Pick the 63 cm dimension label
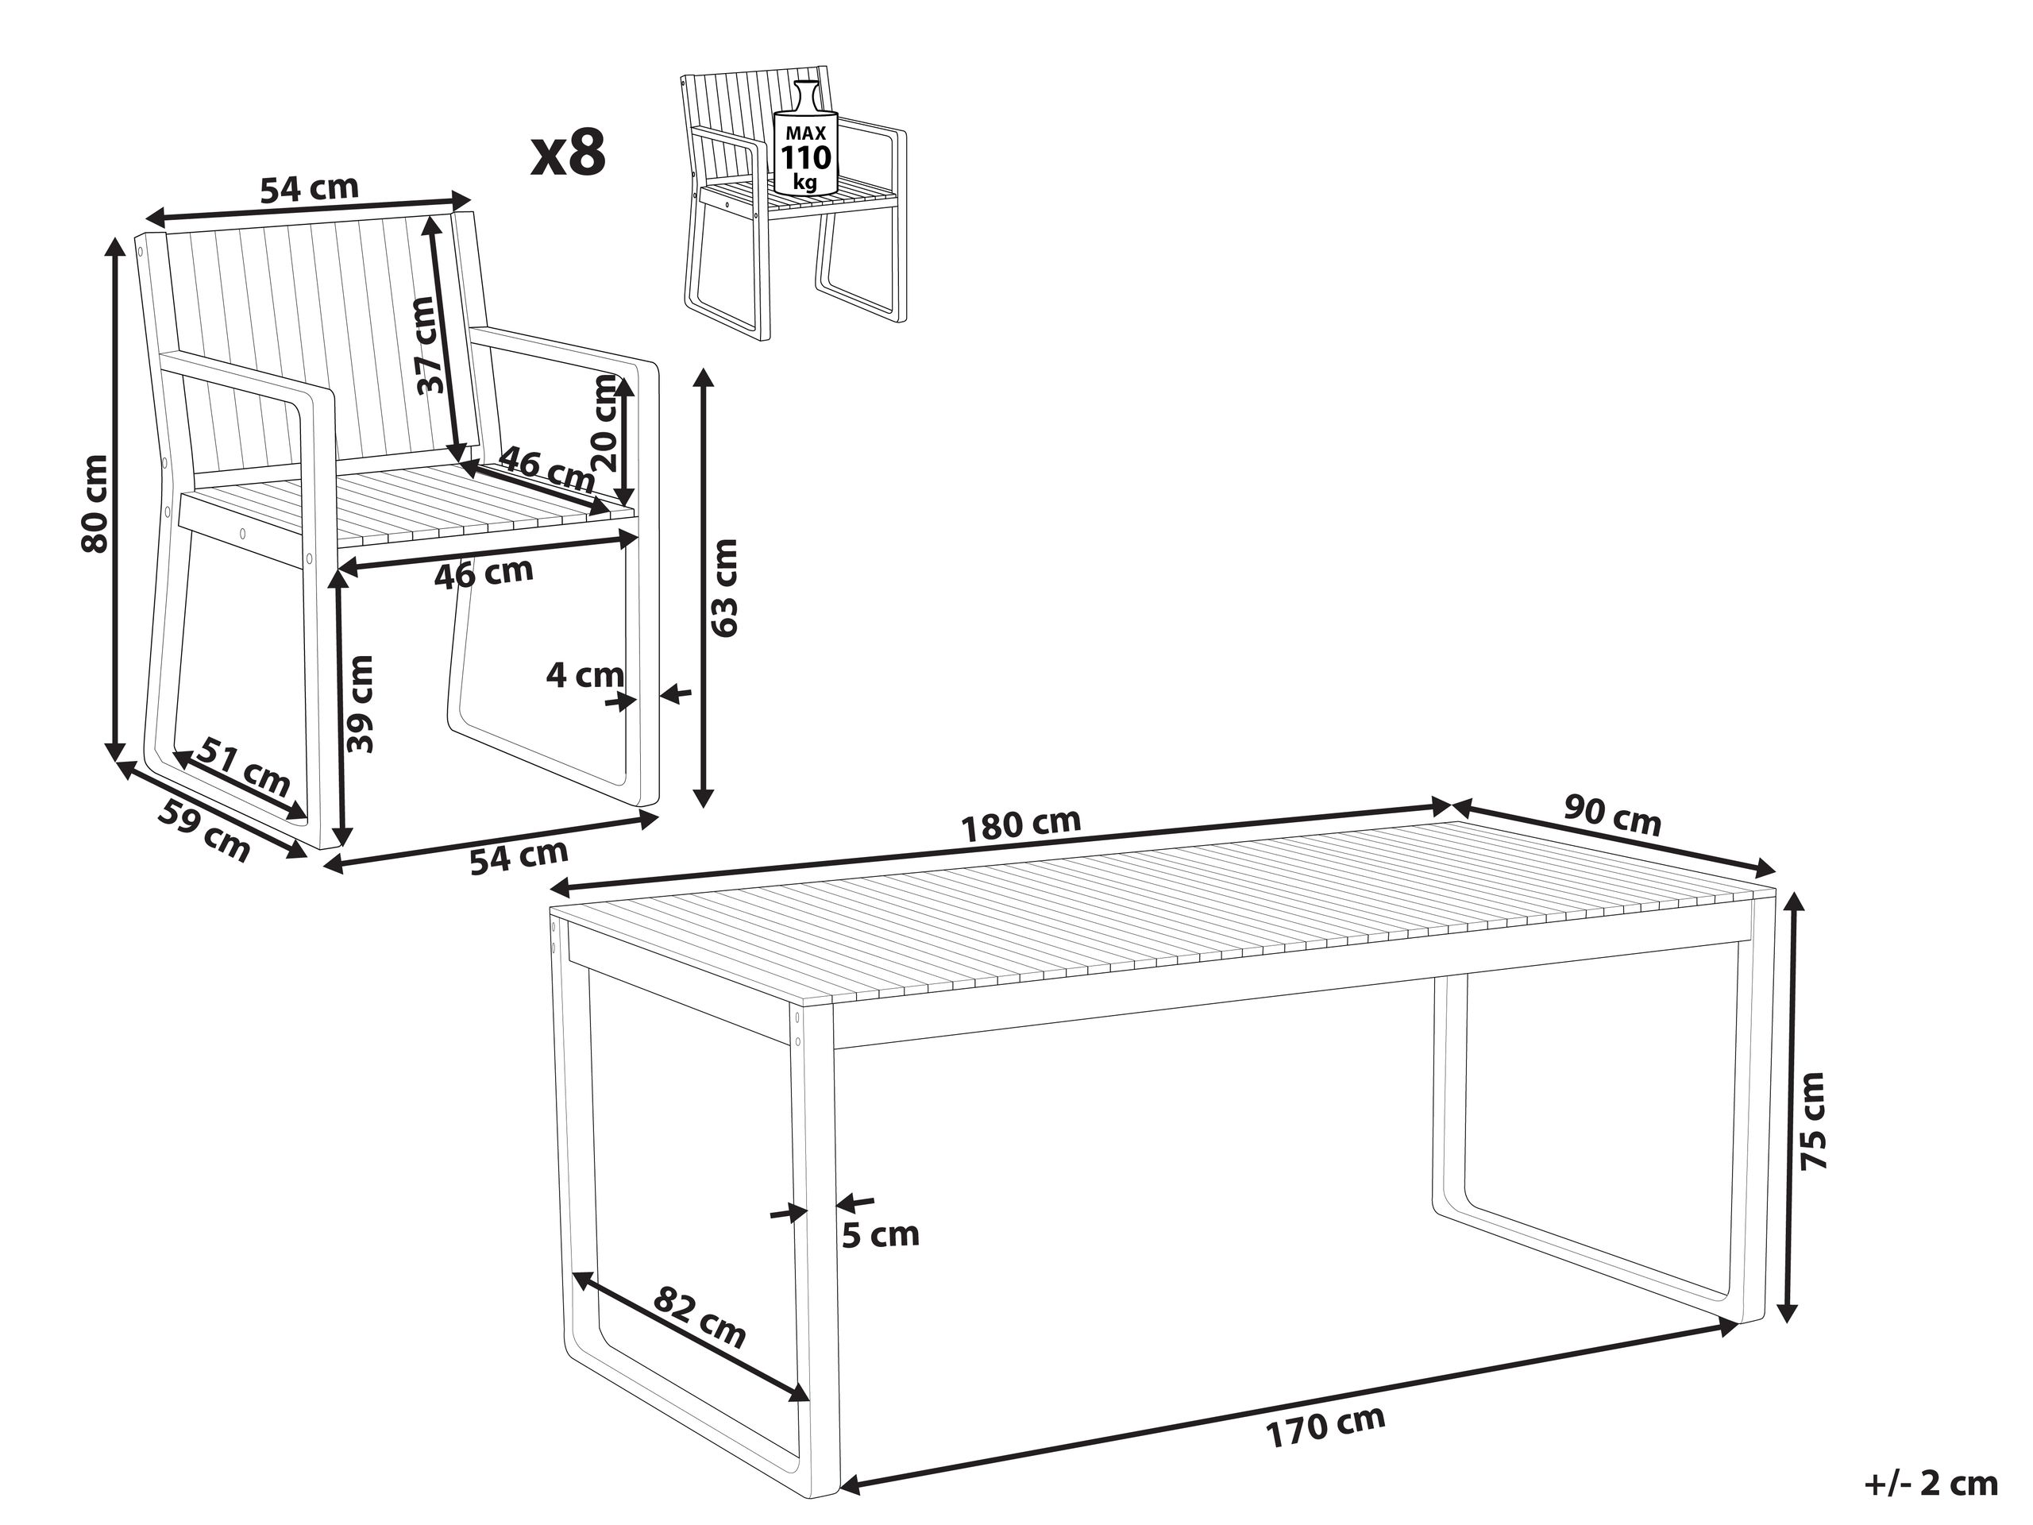pos(725,589)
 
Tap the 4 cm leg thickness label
pos(584,676)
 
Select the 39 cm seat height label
pos(361,705)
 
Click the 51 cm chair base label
pos(245,766)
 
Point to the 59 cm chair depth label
pos(205,831)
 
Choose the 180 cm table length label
pos(1020,824)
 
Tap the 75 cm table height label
pos(1813,1120)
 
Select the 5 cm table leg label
pos(881,1235)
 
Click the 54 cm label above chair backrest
pos(310,189)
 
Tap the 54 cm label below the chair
pos(519,857)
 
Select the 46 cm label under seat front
pos(484,573)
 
